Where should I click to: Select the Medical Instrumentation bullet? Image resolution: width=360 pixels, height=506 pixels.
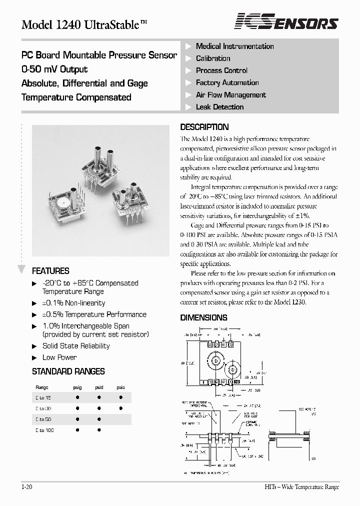tap(234, 46)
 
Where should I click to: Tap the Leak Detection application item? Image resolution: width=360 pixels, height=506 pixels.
tap(219, 107)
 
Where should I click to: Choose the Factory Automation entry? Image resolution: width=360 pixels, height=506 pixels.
tap(227, 83)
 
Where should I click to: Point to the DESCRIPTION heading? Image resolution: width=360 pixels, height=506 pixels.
tap(204, 127)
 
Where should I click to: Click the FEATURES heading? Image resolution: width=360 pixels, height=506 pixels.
tap(50, 271)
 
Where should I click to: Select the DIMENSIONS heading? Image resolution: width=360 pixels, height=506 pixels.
tap(203, 317)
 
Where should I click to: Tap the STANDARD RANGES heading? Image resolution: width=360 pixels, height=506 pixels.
tap(68, 371)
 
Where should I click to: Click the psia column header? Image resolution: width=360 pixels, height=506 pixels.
tap(120, 387)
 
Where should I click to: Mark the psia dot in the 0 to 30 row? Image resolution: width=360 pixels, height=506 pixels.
tap(120, 408)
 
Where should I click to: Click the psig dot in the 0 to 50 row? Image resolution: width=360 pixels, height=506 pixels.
tap(77, 419)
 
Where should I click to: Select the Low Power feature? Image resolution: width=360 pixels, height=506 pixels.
tap(59, 357)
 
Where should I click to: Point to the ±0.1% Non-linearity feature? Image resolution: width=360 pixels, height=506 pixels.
tap(73, 303)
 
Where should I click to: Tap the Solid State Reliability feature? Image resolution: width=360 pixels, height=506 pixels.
tap(75, 346)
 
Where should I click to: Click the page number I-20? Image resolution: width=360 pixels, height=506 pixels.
tap(27, 487)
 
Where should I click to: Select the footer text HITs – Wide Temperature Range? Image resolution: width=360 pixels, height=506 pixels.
tap(301, 487)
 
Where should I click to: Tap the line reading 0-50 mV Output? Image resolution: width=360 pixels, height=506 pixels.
tap(54, 69)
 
